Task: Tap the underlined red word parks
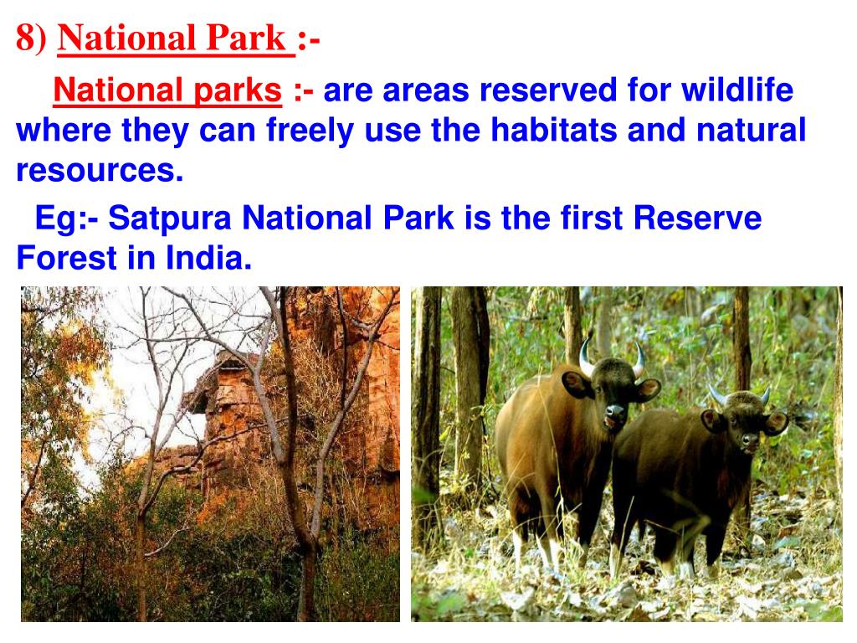point(238,90)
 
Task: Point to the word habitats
point(554,130)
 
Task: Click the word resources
point(100,170)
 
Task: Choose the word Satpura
point(170,219)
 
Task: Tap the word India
point(208,258)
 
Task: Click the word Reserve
point(697,218)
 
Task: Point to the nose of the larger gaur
point(615,410)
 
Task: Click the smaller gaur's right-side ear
point(776,423)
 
